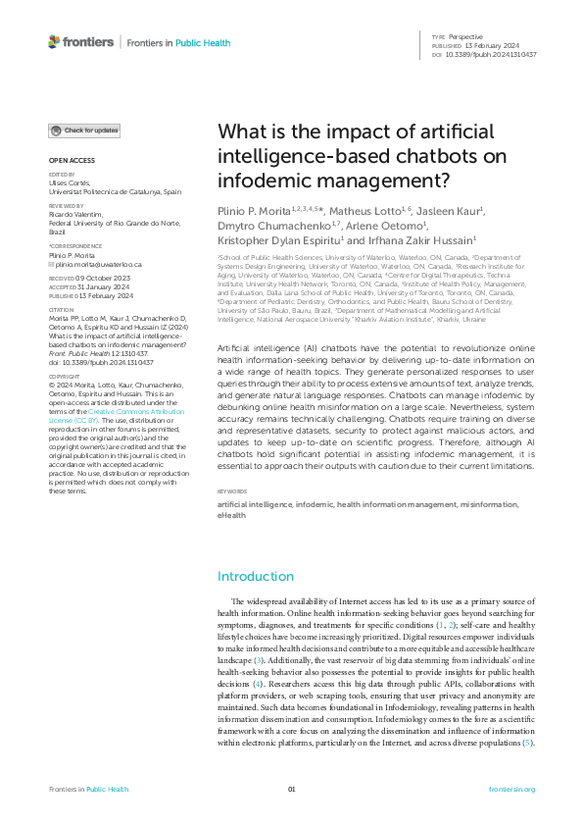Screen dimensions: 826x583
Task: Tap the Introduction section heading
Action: pos(255,576)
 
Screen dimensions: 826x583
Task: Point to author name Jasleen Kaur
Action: pos(451,211)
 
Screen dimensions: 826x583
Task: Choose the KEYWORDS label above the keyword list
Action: pos(233,490)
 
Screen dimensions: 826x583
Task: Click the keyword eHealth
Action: pos(232,514)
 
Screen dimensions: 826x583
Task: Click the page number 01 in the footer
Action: pos(291,789)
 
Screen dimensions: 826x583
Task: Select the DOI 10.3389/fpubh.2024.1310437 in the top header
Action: pos(492,54)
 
